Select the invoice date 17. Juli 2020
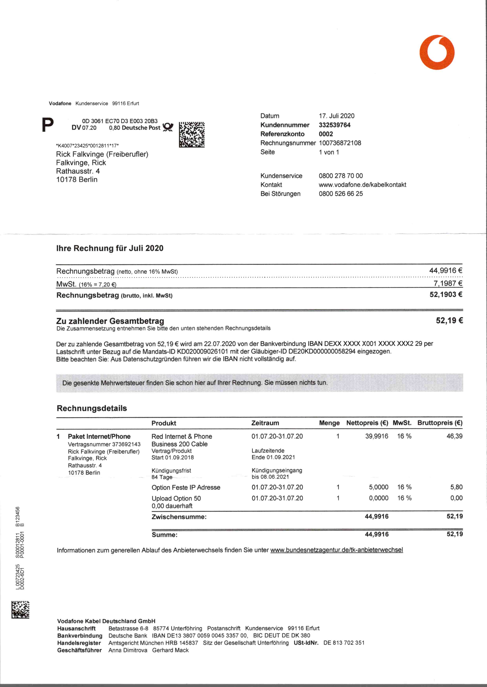tap(336, 116)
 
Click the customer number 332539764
tap(334, 125)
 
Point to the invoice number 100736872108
tap(340, 143)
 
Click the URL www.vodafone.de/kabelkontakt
tap(362, 185)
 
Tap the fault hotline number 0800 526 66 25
tap(341, 194)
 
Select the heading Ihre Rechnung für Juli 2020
tap(110, 248)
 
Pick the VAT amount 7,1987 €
tap(448, 283)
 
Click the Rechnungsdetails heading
tap(92, 408)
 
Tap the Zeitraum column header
tap(265, 423)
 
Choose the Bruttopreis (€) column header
tap(440, 423)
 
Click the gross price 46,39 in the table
tap(454, 436)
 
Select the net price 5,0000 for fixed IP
tap(379, 487)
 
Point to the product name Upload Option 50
tap(176, 498)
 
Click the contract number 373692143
tap(126, 444)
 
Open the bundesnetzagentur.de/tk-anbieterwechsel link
tap(336, 550)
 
